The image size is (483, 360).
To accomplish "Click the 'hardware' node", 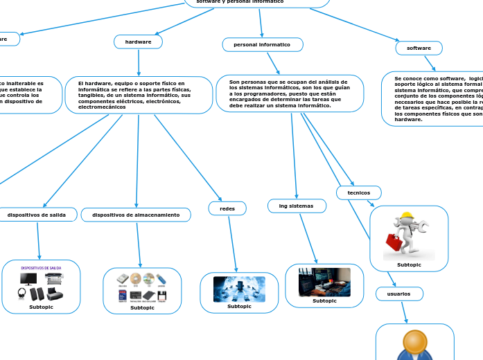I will (x=138, y=42).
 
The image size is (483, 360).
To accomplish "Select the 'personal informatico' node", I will (x=262, y=45).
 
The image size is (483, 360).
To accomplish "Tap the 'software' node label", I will (x=419, y=48).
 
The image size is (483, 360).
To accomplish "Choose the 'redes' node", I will (x=227, y=208).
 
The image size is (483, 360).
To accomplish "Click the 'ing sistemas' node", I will (x=296, y=206).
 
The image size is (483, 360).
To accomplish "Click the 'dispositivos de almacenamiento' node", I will (x=136, y=215).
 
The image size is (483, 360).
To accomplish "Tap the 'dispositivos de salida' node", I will (x=37, y=215).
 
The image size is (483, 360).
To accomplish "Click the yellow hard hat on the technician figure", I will (x=407, y=216).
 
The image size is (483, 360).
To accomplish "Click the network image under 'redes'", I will (x=239, y=289).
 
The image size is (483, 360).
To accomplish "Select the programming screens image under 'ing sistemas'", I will (x=324, y=282).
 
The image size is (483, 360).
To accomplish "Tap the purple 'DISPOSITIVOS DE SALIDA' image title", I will (x=41, y=268).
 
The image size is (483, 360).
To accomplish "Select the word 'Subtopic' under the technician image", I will (x=409, y=264).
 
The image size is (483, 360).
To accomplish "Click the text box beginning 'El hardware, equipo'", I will (x=139, y=95).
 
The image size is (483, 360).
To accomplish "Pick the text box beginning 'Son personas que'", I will (x=290, y=93).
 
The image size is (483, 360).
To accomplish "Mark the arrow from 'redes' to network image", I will (x=232, y=244).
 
